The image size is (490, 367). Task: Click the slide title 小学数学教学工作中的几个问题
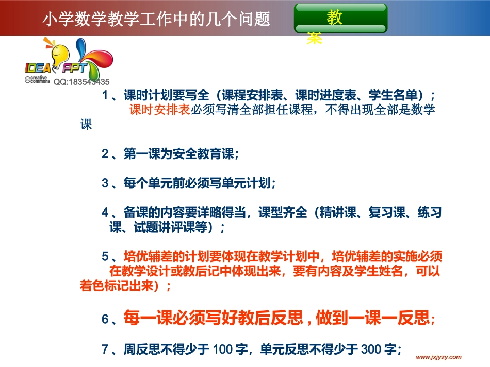point(156,19)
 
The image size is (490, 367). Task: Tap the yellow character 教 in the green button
point(335,19)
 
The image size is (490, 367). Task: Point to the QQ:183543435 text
point(81,82)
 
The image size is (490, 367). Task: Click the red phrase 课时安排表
point(160,110)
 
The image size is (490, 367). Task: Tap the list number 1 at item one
point(105,95)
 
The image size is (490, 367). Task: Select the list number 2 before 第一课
point(105,153)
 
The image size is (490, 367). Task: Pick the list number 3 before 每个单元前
point(105,183)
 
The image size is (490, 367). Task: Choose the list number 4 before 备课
point(105,212)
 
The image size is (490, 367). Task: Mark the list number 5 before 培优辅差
point(105,256)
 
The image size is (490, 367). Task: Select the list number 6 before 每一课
point(105,319)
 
